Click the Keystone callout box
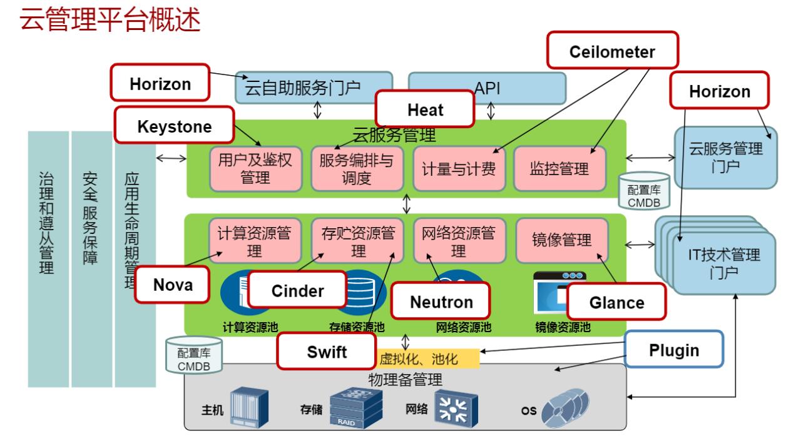pyautogui.click(x=175, y=127)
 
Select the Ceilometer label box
pyautogui.click(x=612, y=51)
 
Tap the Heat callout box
pyautogui.click(x=425, y=110)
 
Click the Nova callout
pyautogui.click(x=172, y=285)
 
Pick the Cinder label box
pyautogui.click(x=297, y=290)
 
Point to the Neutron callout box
pyautogui.click(x=441, y=302)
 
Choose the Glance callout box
pyautogui.click(x=616, y=302)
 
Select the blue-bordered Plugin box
pyautogui.click(x=673, y=350)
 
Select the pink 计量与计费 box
pyautogui.click(x=459, y=169)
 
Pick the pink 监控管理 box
pyautogui.click(x=559, y=169)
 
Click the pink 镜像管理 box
pyautogui.click(x=561, y=240)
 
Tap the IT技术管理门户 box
pyautogui.click(x=725, y=263)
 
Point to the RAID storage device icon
pyautogui.click(x=355, y=407)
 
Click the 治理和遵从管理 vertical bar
pyautogui.click(x=48, y=259)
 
